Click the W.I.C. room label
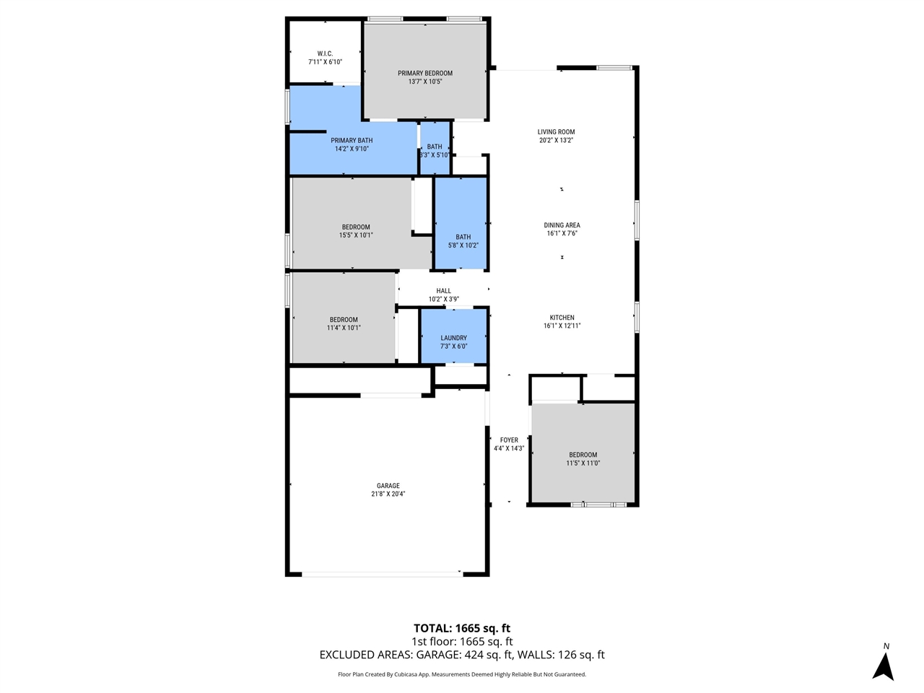pos(325,53)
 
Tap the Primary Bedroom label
pos(425,73)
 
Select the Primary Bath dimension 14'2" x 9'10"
pos(352,149)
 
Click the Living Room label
pos(556,132)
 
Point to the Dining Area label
pos(562,225)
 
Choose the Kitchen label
pos(562,318)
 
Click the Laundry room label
pos(453,338)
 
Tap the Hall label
pos(443,291)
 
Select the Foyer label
pos(509,440)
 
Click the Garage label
pos(388,486)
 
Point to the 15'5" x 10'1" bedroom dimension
pos(356,235)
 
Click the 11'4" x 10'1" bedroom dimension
pos(344,328)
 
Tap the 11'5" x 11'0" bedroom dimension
pos(583,463)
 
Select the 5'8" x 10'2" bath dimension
pos(463,245)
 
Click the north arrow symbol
pos(883,666)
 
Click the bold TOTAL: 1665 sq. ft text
pos(462,628)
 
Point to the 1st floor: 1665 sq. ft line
pos(462,642)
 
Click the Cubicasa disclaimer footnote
pos(462,674)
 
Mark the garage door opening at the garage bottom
pos(381,574)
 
